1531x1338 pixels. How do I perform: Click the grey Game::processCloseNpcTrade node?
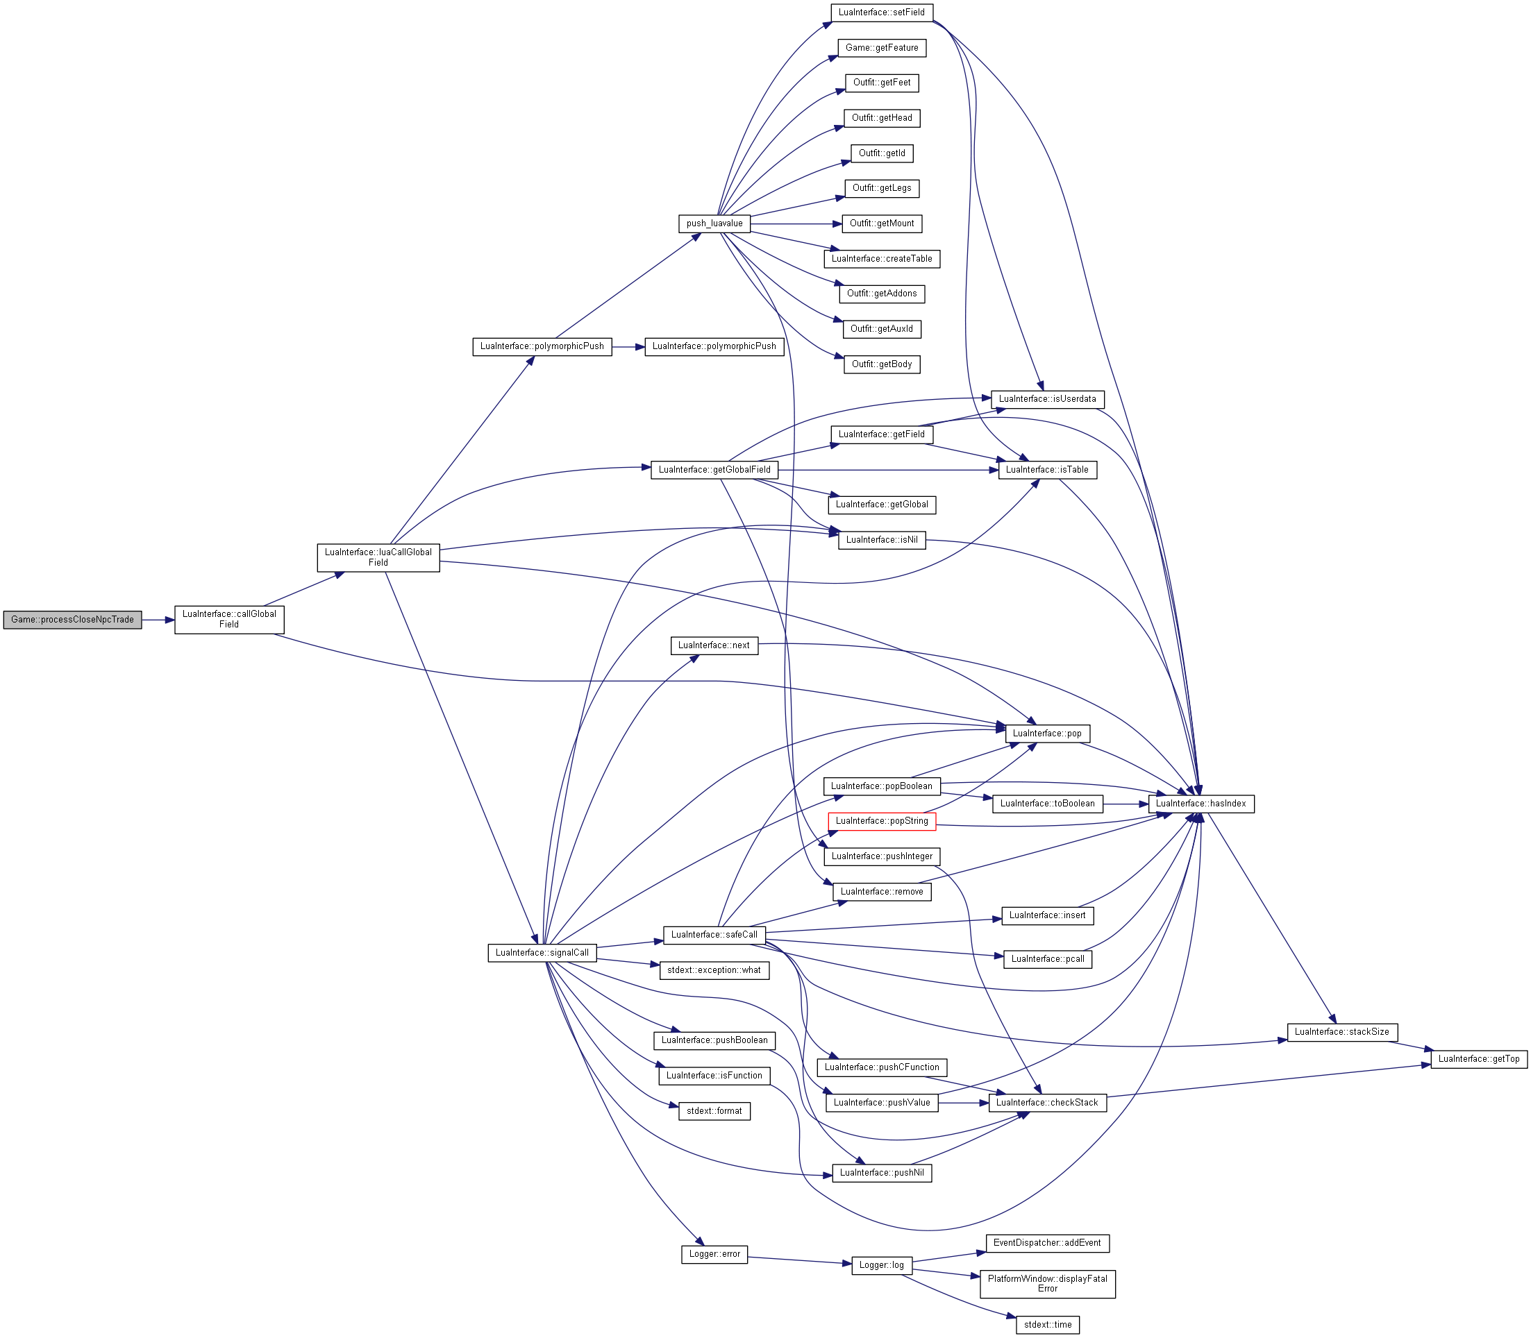72,620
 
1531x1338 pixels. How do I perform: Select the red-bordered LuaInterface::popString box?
881,821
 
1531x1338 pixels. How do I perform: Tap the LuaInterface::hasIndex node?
1201,804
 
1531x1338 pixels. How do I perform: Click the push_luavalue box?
714,223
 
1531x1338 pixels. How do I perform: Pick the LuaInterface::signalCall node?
542,953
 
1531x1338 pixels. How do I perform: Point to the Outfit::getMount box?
881,223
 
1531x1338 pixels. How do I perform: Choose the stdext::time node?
1047,1325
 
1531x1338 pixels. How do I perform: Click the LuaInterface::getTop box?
1479,1059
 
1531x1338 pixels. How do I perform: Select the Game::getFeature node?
881,48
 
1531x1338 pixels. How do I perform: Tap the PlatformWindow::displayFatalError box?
1047,1283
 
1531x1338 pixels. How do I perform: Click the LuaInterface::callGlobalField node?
229,619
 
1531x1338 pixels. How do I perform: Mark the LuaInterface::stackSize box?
1341,1032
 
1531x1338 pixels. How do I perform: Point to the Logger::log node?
881,1265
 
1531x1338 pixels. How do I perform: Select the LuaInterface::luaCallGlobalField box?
378,557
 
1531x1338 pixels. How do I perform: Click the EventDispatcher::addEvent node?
1047,1243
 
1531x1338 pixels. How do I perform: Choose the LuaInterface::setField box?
881,12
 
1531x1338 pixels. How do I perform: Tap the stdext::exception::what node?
714,971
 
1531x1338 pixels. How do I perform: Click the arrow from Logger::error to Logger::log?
800,1260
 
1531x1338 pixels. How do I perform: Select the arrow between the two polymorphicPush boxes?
628,347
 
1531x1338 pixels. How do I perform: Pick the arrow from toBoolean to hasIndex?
1126,804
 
